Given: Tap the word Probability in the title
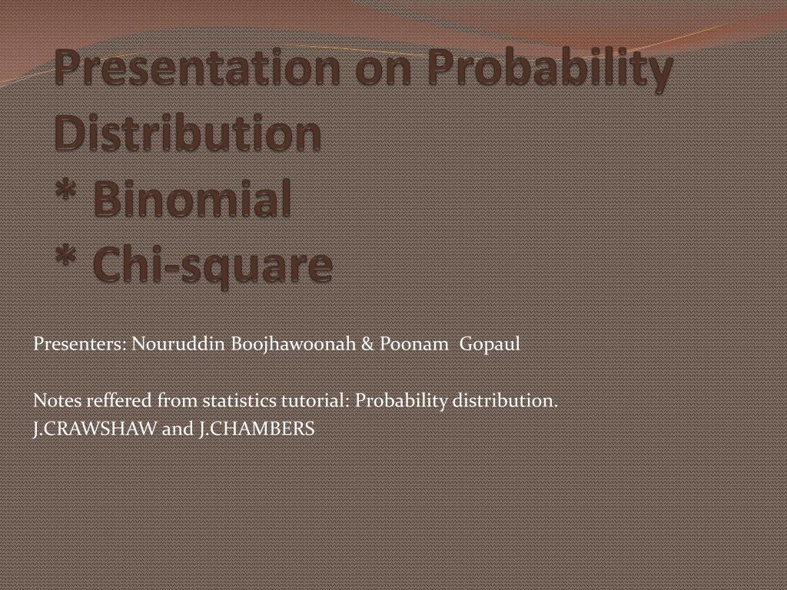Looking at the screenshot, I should click(x=550, y=69).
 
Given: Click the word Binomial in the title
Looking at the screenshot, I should click(x=192, y=199).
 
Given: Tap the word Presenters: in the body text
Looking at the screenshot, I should click(x=80, y=344).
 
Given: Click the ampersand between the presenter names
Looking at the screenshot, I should click(x=366, y=344).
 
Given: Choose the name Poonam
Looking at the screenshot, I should click(x=414, y=344).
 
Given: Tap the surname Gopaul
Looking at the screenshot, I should click(x=490, y=344).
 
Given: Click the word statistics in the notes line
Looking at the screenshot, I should click(x=237, y=401).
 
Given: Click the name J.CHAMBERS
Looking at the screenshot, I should click(x=256, y=429).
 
